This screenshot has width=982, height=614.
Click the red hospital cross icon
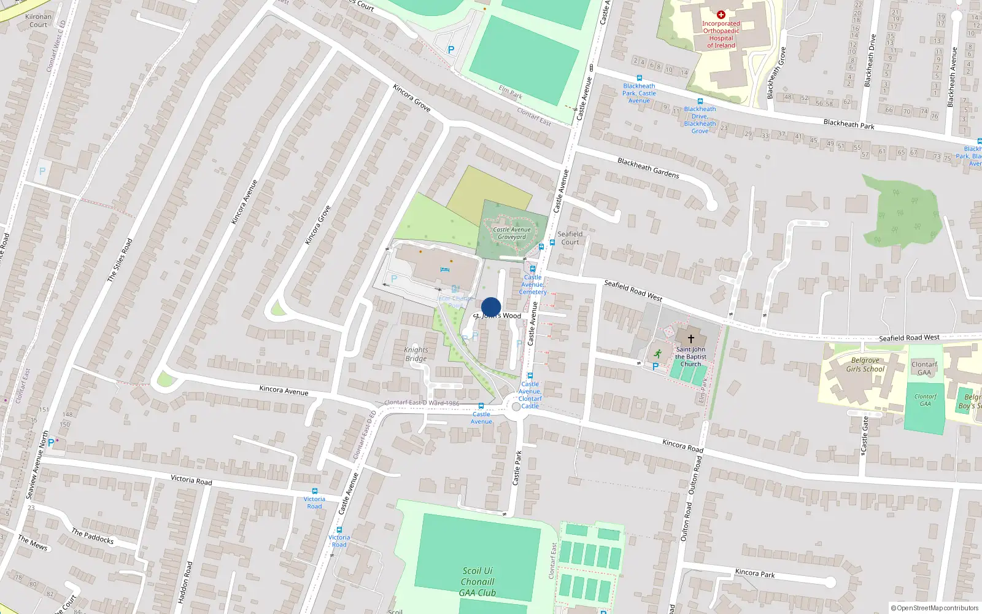721,15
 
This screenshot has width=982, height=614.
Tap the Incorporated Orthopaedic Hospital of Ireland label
721,34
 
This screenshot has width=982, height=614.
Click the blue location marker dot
491,307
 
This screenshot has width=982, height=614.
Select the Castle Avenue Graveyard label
512,233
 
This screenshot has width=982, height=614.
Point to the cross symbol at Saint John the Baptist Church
690,338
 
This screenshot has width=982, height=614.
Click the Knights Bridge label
416,354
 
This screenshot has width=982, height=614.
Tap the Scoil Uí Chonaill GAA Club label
477,581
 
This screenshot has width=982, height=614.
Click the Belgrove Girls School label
865,365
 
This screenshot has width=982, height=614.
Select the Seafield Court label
570,238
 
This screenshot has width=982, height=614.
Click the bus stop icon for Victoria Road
315,491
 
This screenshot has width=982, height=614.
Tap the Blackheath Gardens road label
648,168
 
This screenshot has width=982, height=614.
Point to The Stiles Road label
120,260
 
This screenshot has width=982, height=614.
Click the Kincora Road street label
682,445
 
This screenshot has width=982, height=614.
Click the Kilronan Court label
38,21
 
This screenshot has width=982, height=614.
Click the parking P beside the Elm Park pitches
451,50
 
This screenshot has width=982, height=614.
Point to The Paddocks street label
93,536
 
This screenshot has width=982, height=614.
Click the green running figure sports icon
658,353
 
